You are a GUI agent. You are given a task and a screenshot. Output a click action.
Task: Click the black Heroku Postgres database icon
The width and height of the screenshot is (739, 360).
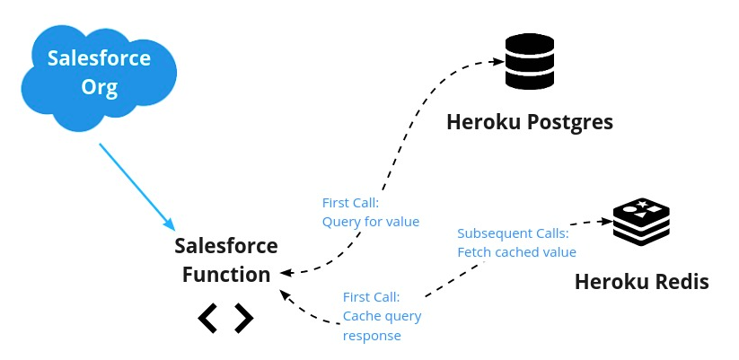(529, 61)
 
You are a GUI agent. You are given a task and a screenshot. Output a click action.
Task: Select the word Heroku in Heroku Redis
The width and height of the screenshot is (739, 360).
(610, 282)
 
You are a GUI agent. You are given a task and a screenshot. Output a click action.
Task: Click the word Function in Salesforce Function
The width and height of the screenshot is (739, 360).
(226, 275)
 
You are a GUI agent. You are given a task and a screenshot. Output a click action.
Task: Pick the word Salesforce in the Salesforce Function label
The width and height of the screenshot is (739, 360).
(226, 246)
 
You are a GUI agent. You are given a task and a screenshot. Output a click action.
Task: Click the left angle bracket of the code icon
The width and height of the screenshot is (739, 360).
(207, 318)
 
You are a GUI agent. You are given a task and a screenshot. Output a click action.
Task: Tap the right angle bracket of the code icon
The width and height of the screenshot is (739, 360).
(243, 318)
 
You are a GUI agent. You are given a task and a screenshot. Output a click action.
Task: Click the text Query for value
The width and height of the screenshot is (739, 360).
(370, 222)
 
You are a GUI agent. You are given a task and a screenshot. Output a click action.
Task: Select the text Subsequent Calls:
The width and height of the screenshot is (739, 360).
(512, 233)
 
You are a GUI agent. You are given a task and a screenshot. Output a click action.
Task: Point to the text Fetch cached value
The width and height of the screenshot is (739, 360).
(516, 252)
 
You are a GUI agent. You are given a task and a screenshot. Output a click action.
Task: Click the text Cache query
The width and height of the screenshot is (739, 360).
(382, 316)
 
